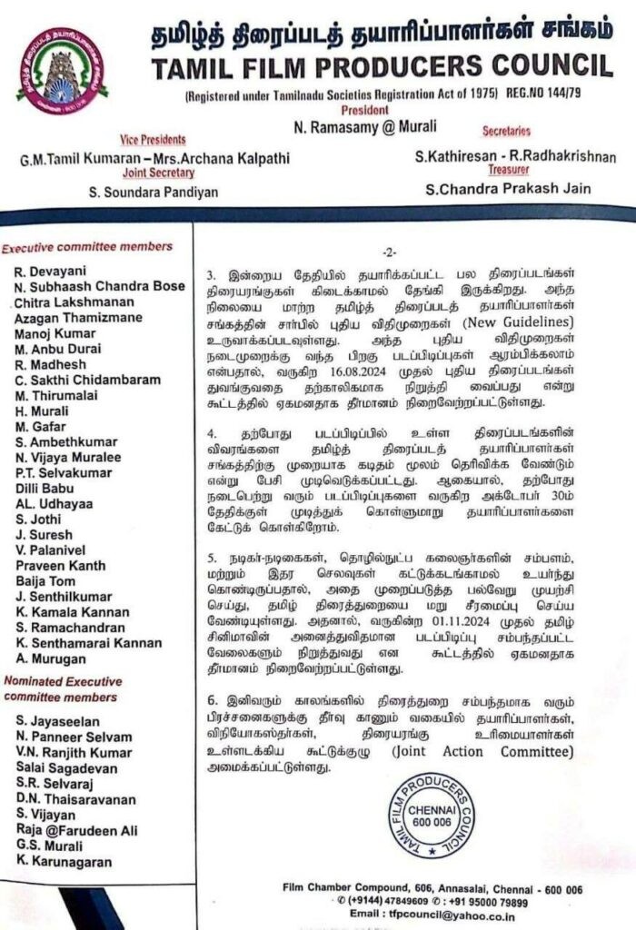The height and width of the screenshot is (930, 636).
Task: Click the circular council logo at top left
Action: [x=63, y=71]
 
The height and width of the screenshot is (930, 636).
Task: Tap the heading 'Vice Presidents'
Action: [x=153, y=140]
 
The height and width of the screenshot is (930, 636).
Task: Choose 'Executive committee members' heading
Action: [x=87, y=246]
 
